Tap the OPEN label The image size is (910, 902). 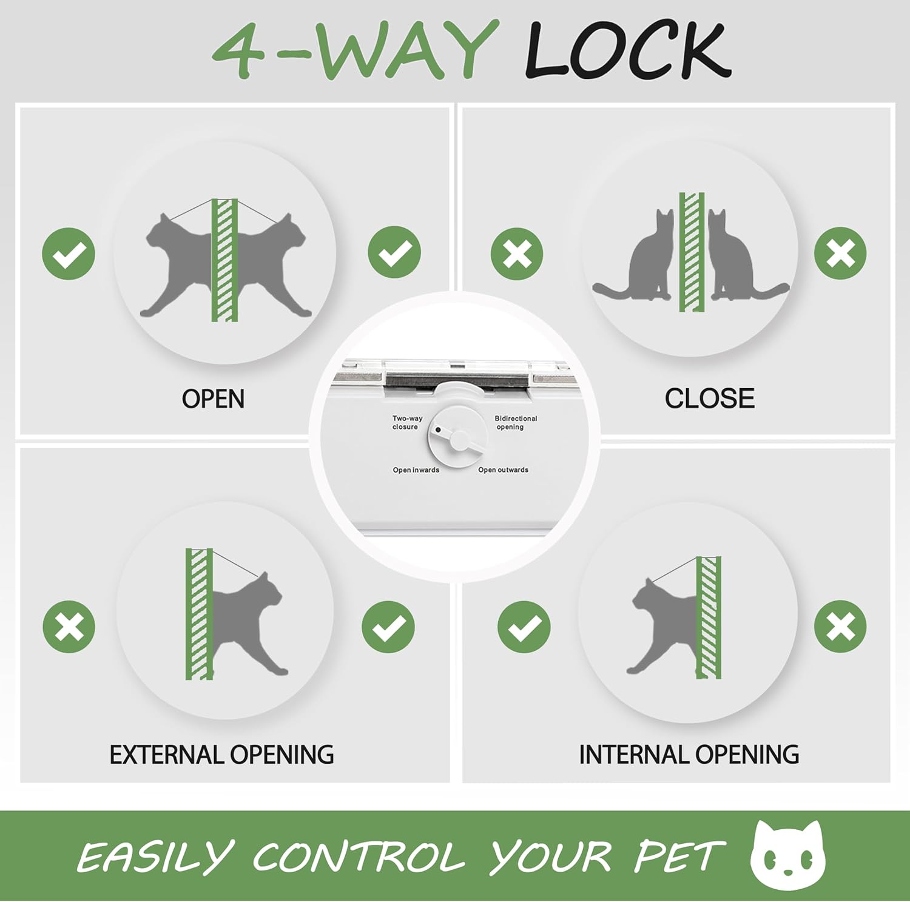[213, 399]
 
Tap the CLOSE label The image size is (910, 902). [709, 399]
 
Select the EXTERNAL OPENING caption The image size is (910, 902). [221, 755]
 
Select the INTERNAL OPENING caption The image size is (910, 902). [689, 755]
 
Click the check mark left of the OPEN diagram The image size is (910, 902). [69, 254]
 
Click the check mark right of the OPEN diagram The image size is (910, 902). [394, 252]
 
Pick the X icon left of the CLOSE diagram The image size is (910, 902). [517, 254]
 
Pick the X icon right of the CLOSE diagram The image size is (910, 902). [840, 253]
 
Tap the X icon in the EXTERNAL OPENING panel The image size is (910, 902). [69, 627]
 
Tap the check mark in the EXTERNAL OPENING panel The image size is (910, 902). [388, 627]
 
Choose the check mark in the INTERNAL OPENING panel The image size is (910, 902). [524, 627]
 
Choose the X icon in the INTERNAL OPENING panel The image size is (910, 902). [840, 626]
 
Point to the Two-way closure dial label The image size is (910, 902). [406, 422]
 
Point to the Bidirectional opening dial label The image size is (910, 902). [515, 422]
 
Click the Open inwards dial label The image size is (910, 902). [416, 470]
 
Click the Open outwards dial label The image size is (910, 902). [503, 470]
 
